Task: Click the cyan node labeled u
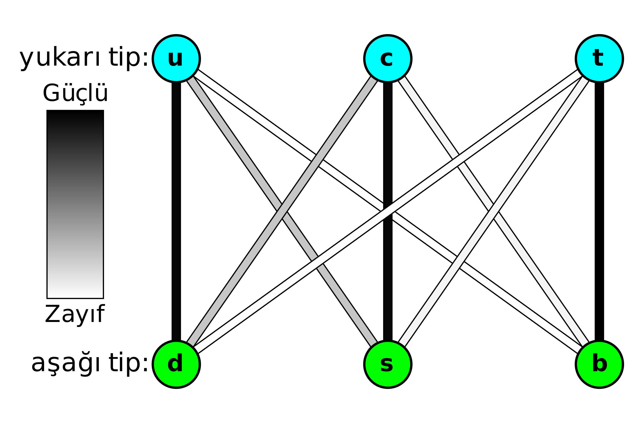(176, 58)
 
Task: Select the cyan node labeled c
(388, 58)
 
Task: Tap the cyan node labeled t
(599, 58)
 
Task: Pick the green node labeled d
(176, 364)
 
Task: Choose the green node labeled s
(388, 364)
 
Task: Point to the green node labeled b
(599, 364)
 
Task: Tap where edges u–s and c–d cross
(282, 211)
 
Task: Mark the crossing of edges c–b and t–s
(493, 211)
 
